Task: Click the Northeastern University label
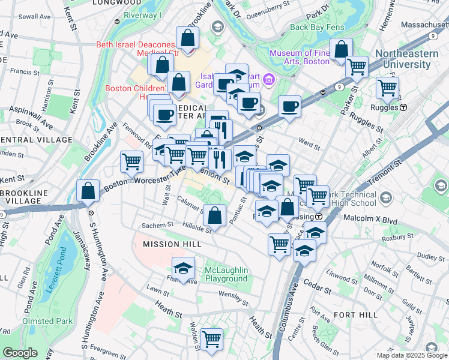click(x=412, y=59)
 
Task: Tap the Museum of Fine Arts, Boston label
click(x=300, y=57)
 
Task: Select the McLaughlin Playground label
click(x=226, y=274)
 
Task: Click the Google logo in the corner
click(x=20, y=353)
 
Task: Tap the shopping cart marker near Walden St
click(x=211, y=339)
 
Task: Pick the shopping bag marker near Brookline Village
click(x=88, y=191)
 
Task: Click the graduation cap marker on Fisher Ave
click(x=184, y=268)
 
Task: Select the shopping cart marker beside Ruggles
click(x=387, y=88)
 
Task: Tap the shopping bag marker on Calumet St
click(x=214, y=214)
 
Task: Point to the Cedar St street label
click(x=318, y=289)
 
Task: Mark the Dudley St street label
click(x=430, y=256)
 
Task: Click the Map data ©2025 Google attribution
click(x=412, y=355)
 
